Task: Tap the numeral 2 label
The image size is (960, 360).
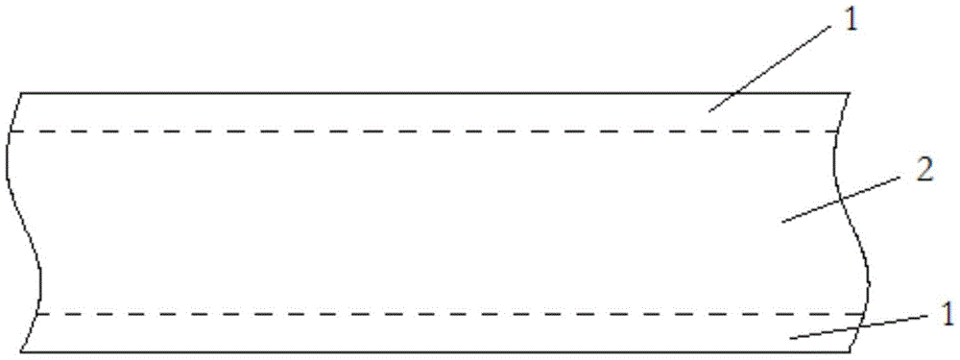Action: click(921, 171)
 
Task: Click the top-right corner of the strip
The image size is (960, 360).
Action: click(851, 93)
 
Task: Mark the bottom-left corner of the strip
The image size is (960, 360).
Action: click(21, 351)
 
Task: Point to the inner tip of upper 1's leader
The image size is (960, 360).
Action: click(708, 111)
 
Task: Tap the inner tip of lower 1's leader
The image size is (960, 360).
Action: click(789, 337)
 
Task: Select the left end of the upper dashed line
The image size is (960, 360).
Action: click(11, 132)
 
